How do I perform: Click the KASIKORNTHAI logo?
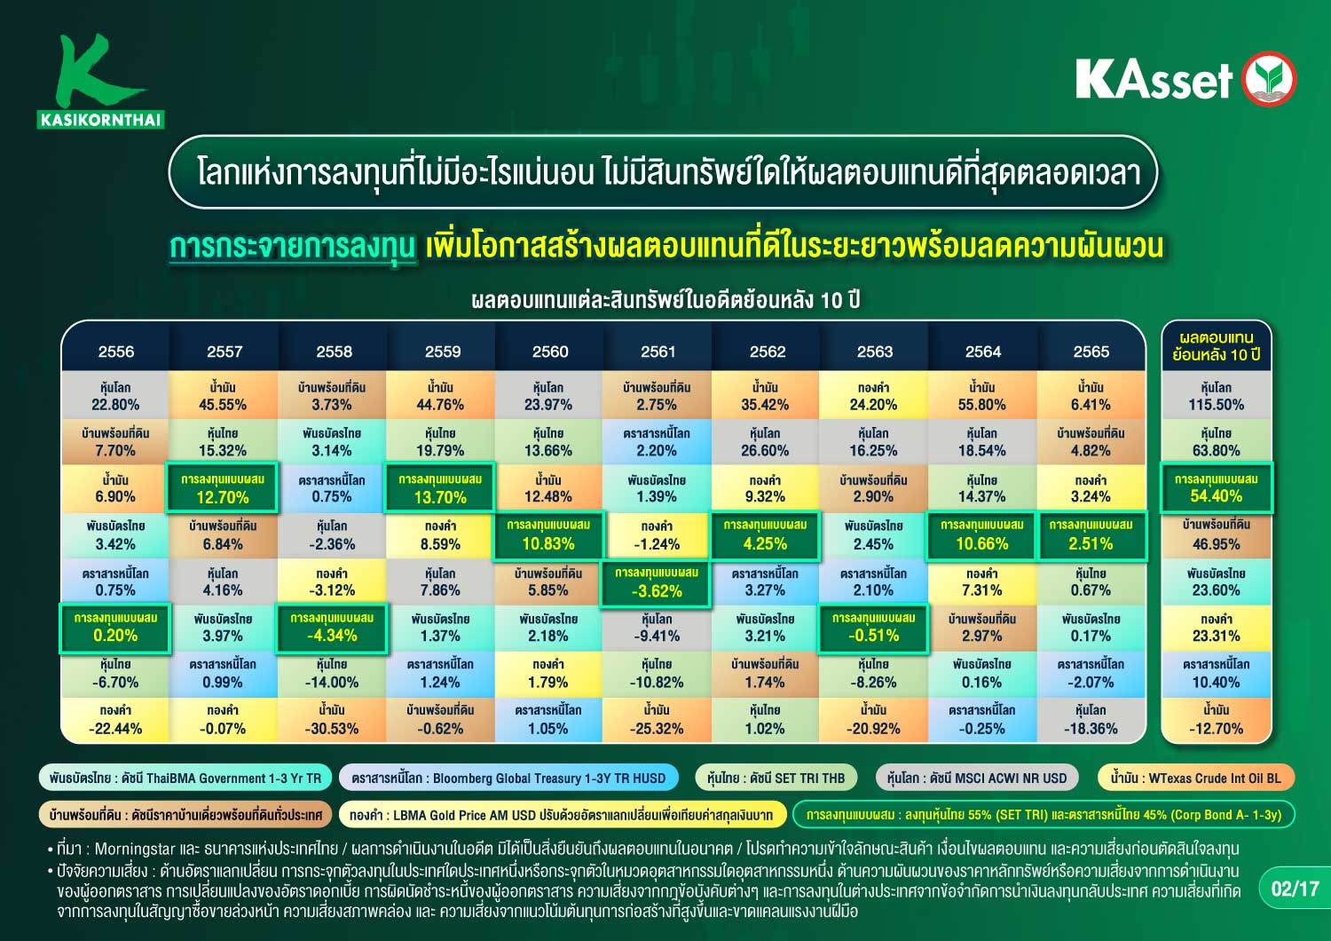[x=101, y=81]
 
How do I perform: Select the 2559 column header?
[x=442, y=352]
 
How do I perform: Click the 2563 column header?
[x=874, y=352]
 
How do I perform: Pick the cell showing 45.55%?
[x=223, y=396]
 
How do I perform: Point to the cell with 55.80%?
[x=982, y=396]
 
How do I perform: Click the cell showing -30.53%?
[x=332, y=719]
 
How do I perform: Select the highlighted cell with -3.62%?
[x=656, y=583]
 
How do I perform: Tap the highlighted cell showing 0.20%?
[x=115, y=629]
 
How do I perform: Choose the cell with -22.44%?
[x=115, y=719]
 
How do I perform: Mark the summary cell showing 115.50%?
[x=1216, y=396]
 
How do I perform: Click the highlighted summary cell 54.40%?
[x=1216, y=487]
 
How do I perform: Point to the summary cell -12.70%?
[x=1216, y=719]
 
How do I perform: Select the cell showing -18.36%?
[x=1091, y=719]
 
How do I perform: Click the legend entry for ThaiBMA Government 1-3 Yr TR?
[x=185, y=778]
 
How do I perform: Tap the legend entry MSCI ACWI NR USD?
[x=976, y=778]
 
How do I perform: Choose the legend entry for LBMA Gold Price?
[x=562, y=814]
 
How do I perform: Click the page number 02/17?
[x=1294, y=889]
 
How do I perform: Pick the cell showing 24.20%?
[x=873, y=396]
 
